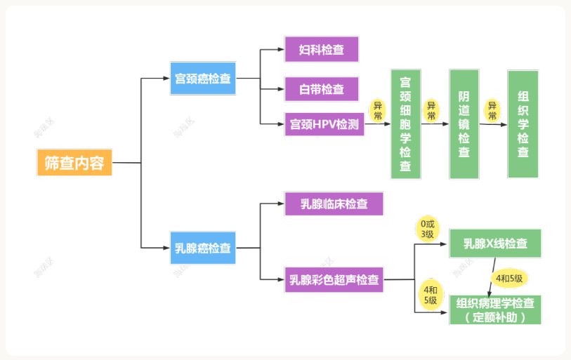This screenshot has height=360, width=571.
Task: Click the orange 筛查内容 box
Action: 74,163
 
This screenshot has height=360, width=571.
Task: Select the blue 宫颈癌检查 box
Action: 203,79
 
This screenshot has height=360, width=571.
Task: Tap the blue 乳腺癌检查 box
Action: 203,248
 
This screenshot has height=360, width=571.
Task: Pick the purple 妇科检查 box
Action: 322,50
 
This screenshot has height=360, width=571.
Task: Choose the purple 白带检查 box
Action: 322,89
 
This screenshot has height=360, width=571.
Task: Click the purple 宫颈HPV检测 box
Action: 324,124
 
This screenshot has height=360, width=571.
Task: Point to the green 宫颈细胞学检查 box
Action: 405,124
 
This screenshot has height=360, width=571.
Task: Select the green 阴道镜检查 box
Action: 464,124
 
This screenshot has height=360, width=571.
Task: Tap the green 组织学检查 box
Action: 523,124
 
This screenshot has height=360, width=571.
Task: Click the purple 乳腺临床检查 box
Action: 334,204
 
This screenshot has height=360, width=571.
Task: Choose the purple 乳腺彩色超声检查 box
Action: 334,280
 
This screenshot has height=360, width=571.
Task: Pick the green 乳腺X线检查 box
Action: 496,244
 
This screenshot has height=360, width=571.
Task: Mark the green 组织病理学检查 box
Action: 496,309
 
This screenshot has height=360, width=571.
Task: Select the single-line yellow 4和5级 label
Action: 510,278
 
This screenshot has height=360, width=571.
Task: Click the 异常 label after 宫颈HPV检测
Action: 378,110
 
